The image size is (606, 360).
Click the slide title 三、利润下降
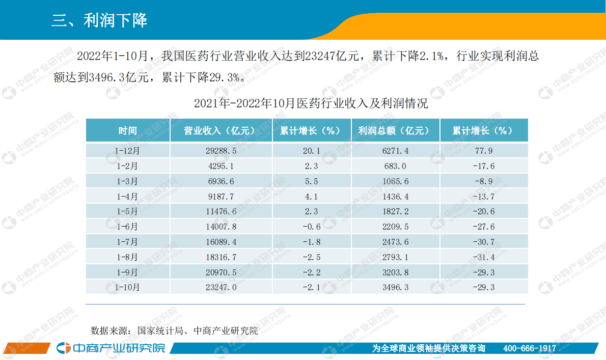[x=99, y=20]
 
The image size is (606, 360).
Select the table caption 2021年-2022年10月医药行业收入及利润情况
[x=311, y=104]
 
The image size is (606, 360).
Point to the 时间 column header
[x=127, y=131]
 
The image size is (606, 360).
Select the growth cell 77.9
[x=483, y=151]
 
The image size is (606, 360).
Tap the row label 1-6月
[x=127, y=227]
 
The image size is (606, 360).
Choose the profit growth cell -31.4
[x=483, y=257]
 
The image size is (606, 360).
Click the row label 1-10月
[x=127, y=288]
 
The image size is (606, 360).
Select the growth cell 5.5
[x=311, y=182]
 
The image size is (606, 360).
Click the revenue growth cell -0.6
[x=311, y=227]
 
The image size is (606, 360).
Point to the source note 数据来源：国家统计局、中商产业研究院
[x=174, y=330]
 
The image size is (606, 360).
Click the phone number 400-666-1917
[x=530, y=348]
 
